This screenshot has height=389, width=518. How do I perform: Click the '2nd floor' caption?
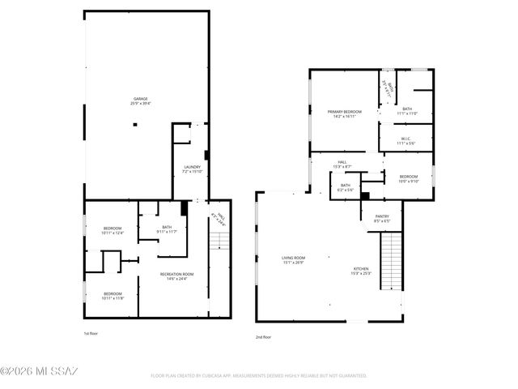tap(263, 336)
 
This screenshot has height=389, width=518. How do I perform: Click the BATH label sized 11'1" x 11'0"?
tap(406, 111)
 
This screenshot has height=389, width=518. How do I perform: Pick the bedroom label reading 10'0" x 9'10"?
tap(408, 179)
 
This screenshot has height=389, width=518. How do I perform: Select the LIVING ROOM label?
tap(293, 260)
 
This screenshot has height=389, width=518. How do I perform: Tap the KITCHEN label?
tap(361, 271)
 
